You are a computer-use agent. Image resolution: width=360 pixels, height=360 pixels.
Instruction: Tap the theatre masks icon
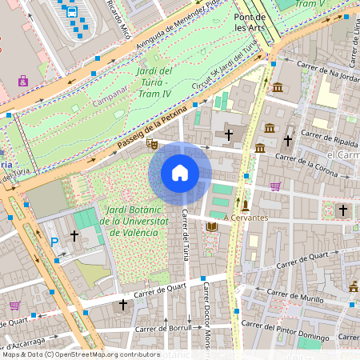coord(151,145)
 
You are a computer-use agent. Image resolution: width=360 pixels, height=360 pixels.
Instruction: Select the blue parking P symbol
coord(54,242)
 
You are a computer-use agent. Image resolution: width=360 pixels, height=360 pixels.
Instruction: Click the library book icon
coord(211,228)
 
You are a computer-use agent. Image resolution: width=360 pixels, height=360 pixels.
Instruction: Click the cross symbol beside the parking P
coord(74,236)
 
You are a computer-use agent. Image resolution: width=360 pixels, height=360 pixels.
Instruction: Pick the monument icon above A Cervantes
coord(246,205)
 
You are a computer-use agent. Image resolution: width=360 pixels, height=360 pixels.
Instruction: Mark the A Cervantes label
coord(246,217)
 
